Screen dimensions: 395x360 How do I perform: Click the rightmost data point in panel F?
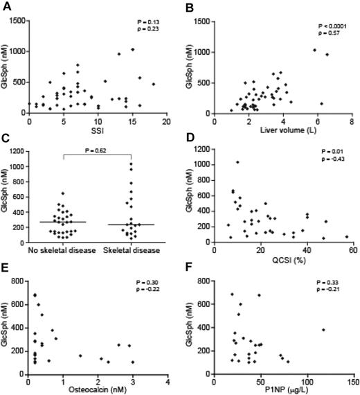point(323,330)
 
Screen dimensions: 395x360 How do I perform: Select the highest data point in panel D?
point(237,162)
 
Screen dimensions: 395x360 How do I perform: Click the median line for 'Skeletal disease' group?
point(131,225)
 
